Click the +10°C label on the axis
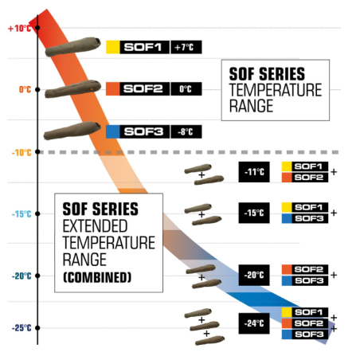[19, 28]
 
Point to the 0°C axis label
[25, 89]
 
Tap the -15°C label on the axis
[22, 214]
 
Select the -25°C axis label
[22, 328]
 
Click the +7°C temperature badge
[186, 47]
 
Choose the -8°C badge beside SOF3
[186, 131]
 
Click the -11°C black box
[254, 172]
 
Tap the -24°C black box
[254, 323]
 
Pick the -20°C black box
[254, 275]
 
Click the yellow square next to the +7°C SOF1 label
[113, 47]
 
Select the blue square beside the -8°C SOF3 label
[113, 131]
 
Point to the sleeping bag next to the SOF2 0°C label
[72, 89]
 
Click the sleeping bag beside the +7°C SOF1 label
[72, 47]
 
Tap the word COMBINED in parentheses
[97, 277]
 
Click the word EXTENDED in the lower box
[95, 226]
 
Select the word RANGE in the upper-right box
[251, 106]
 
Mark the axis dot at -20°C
[37, 276]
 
